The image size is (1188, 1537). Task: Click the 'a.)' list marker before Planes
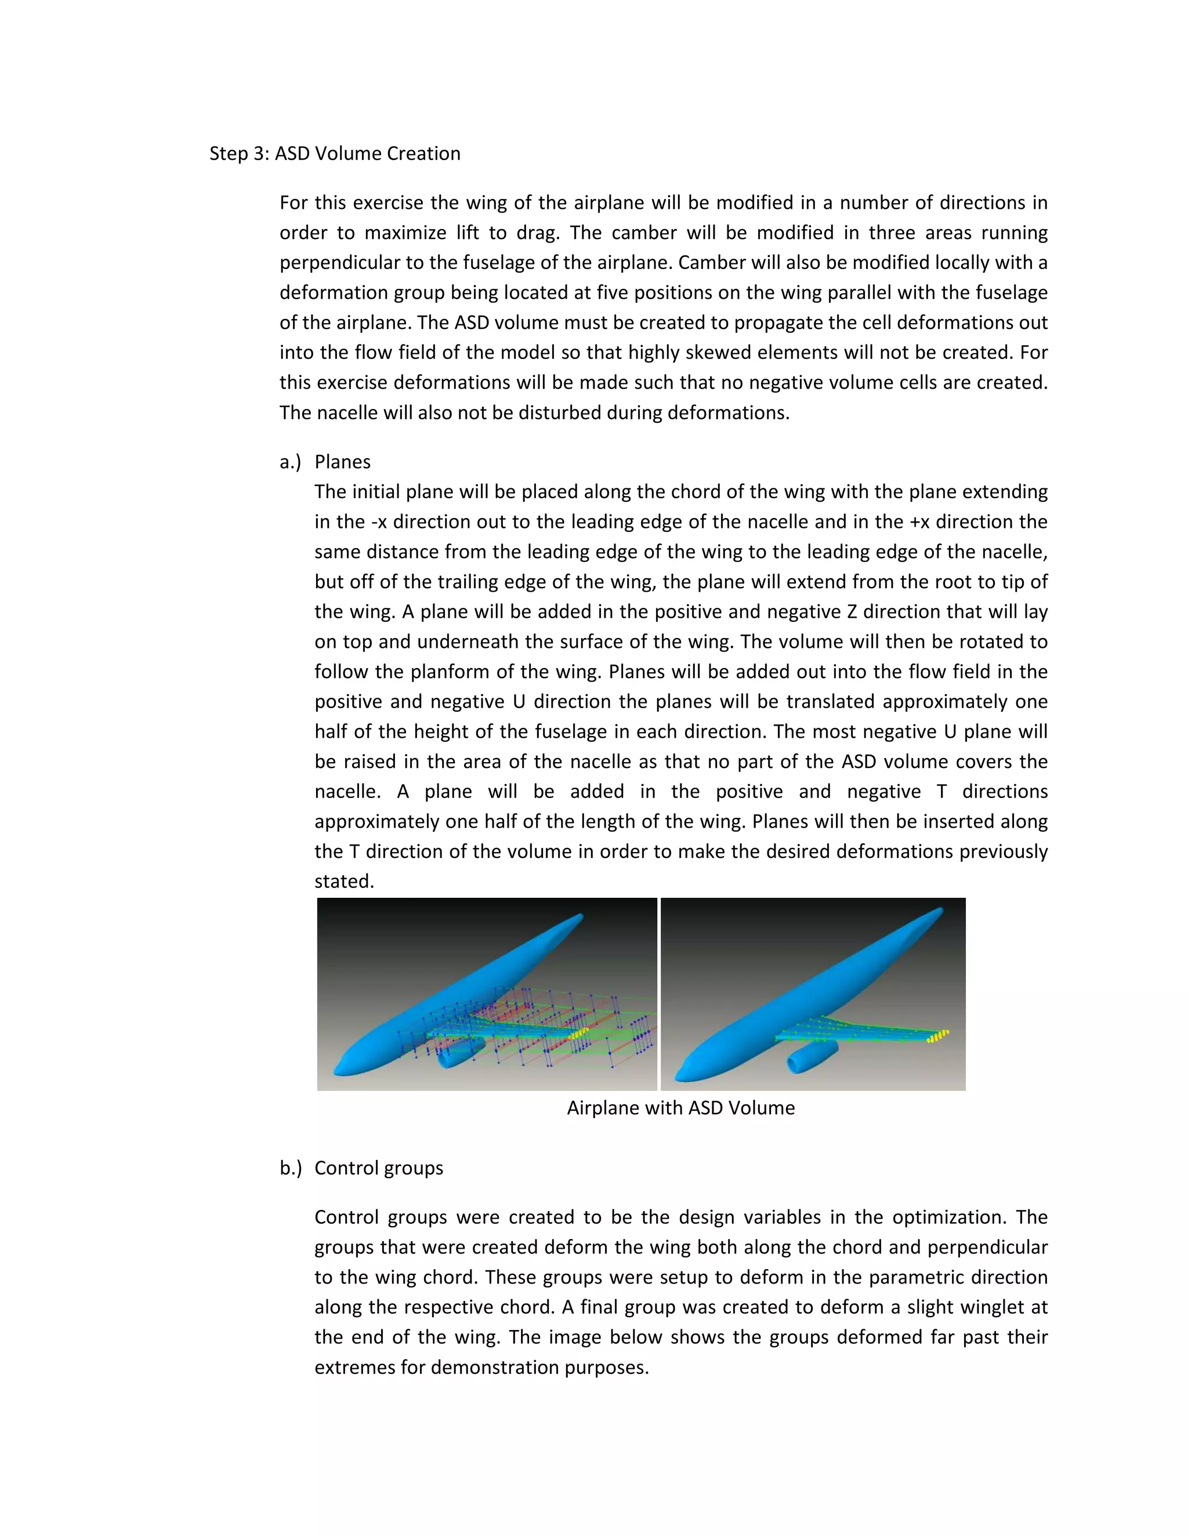[290, 462]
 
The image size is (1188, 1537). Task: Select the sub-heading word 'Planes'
[342, 462]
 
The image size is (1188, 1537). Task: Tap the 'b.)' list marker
[290, 1168]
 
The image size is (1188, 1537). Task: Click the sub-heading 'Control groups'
[379, 1168]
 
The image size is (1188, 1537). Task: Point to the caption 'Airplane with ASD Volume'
[680, 1108]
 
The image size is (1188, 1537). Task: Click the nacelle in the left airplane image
[458, 1053]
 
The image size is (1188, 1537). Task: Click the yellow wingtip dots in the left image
[579, 1033]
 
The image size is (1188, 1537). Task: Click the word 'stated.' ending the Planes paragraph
[344, 881]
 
